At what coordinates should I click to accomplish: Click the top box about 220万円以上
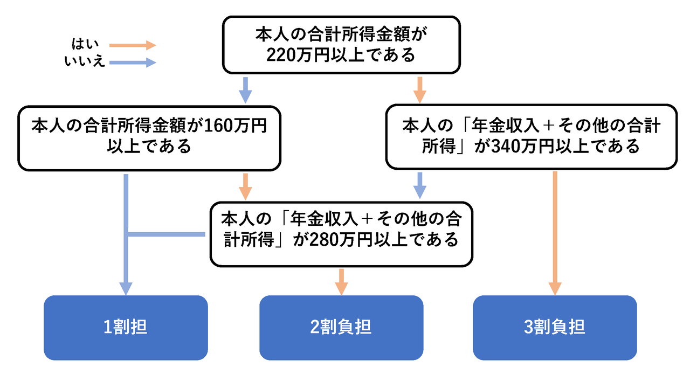[341, 45]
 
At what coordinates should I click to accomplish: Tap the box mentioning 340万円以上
[531, 137]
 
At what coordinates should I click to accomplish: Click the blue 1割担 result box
[126, 328]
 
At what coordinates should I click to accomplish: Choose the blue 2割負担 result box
[341, 328]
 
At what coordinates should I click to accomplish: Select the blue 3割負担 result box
[555, 328]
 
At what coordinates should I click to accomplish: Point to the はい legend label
[85, 45]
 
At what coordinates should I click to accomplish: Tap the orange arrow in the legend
[132, 45]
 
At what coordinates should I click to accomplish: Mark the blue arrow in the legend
[132, 63]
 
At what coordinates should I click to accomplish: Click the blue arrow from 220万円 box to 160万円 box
[245, 89]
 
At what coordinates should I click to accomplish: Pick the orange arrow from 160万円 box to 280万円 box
[245, 186]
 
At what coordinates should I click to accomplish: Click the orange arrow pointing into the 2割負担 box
[341, 281]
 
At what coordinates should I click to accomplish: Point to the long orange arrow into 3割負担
[555, 232]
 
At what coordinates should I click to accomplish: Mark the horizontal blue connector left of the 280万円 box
[166, 234]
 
